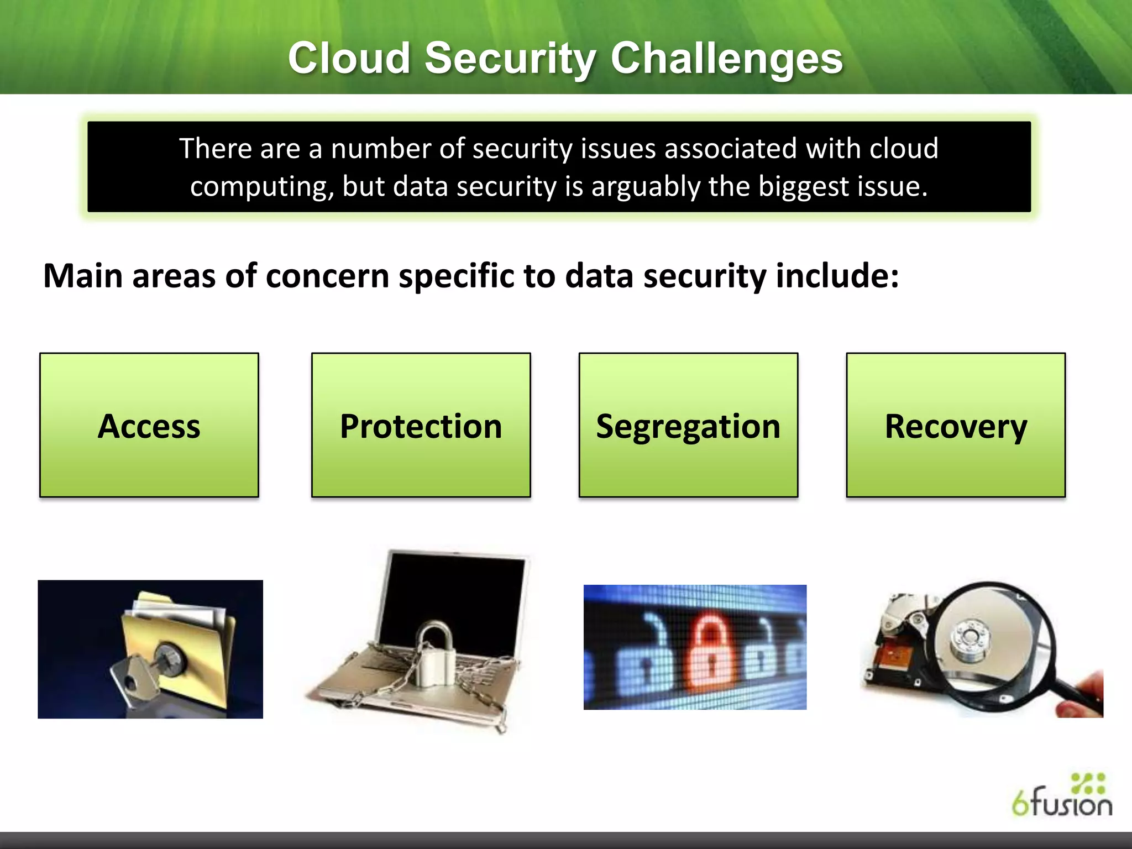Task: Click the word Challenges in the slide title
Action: coord(726,59)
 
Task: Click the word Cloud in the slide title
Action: coord(348,59)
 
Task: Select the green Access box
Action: coord(149,425)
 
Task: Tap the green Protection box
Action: coord(421,425)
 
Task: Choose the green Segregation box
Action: coord(688,425)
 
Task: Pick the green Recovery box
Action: coord(956,425)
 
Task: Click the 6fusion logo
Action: coord(1062,796)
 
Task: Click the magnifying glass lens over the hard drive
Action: coord(989,636)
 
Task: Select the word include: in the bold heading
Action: coord(837,276)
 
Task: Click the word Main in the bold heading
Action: coord(83,276)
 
